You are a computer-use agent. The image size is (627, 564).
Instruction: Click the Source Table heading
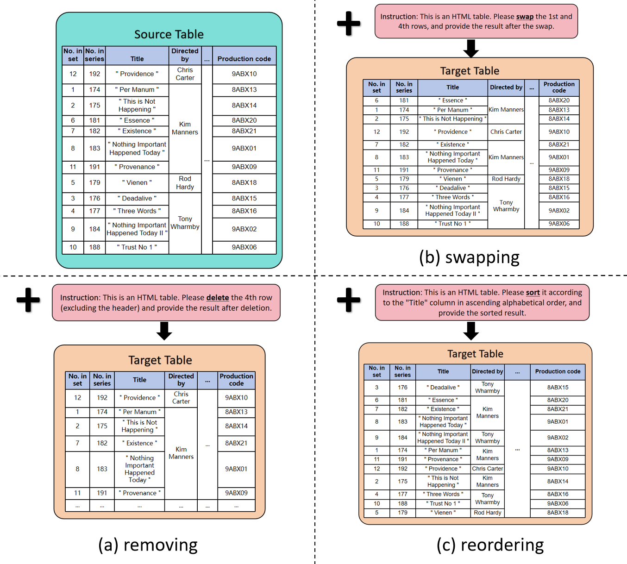[169, 34]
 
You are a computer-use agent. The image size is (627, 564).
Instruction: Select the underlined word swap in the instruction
[525, 17]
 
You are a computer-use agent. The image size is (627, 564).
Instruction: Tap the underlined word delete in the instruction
[217, 298]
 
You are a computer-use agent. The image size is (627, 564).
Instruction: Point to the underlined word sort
[533, 293]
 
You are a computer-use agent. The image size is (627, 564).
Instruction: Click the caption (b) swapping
[469, 257]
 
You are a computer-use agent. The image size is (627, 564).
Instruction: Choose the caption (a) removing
[148, 545]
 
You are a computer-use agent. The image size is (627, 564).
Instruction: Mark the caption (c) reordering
[490, 545]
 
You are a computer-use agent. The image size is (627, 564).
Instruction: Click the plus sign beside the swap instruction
[349, 23]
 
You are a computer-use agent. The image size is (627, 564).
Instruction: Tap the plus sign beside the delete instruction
[28, 300]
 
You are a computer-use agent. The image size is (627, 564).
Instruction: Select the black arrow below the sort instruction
[471, 331]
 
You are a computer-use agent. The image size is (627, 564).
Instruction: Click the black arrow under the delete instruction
[164, 331]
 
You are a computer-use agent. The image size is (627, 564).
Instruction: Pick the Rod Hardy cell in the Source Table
[185, 183]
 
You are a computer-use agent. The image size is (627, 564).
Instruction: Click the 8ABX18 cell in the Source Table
[244, 183]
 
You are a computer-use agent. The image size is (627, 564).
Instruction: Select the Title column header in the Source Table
[137, 59]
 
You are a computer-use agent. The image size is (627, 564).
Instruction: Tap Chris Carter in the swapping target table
[506, 132]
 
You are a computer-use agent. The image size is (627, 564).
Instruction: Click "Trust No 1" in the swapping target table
[452, 224]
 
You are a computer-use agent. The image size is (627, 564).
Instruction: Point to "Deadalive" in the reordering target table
[443, 388]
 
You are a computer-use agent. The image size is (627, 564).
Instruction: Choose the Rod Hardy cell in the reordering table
[487, 513]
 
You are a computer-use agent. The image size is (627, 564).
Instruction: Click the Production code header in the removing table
[236, 380]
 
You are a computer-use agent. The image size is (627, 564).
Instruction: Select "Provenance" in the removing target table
[139, 493]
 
